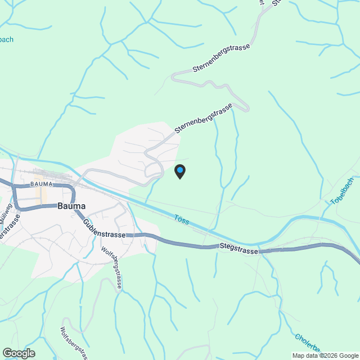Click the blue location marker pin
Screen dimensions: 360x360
(x=179, y=172)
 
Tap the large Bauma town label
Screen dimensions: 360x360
(x=71, y=206)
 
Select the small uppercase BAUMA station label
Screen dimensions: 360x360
(x=42, y=184)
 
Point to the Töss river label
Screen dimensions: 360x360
(x=182, y=219)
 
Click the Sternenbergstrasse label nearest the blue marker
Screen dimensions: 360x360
(x=203, y=119)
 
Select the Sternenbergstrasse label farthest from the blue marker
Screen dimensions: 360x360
(x=221, y=58)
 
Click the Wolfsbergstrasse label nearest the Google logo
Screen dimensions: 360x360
(x=74, y=343)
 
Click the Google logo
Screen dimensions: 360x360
(x=18, y=353)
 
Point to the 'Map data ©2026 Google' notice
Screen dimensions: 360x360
(x=325, y=355)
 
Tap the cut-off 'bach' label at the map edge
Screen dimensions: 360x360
(x=6, y=40)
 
